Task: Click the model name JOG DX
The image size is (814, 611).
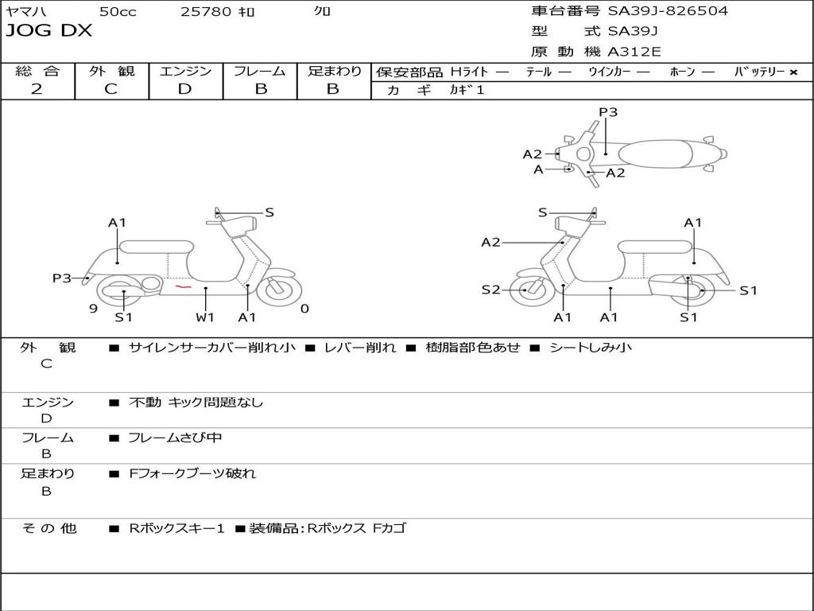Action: [x=48, y=31]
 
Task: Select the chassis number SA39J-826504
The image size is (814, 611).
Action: [x=668, y=11]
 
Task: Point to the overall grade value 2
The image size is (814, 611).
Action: [x=37, y=89]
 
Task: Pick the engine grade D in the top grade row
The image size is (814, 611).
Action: [x=184, y=89]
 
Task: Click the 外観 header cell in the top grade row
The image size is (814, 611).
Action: [x=111, y=71]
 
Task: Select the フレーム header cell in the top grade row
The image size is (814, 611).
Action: [x=260, y=71]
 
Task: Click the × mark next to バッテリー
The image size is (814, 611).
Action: [x=793, y=72]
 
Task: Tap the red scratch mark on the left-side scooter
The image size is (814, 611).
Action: [x=183, y=286]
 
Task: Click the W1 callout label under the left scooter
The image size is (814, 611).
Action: [x=205, y=317]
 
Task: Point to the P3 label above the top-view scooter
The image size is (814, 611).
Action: [x=608, y=112]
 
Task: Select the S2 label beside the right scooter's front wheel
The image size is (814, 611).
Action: [x=490, y=290]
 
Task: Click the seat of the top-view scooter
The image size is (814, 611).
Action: [x=655, y=154]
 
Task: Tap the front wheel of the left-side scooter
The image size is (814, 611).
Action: [x=279, y=287]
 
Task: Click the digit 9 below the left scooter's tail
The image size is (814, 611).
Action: [x=94, y=309]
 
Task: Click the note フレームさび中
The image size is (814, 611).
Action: [x=175, y=438]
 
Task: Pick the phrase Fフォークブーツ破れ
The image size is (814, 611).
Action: [x=192, y=474]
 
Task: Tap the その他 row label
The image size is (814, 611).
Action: [x=49, y=528]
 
